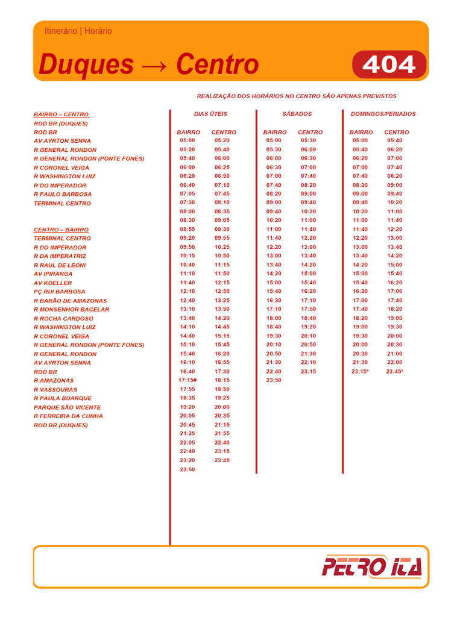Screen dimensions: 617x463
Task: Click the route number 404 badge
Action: coord(389,64)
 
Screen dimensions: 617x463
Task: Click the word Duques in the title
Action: coord(86,64)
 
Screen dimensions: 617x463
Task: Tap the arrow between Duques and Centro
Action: coord(155,65)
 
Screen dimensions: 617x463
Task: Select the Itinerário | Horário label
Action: coord(78,31)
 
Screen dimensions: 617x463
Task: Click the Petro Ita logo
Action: coord(372,566)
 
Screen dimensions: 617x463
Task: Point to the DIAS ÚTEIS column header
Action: coord(210,114)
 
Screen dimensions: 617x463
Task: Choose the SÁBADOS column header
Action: coord(297,114)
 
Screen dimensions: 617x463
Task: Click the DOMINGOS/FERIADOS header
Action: coord(383,114)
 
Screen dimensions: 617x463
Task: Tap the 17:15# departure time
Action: coord(188,380)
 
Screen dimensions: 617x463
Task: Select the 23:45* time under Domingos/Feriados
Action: coord(395,372)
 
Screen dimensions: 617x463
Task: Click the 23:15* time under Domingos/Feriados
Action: coord(361,372)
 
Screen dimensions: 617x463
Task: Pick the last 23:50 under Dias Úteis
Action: coord(187,469)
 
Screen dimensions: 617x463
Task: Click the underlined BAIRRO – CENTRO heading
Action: coord(61,114)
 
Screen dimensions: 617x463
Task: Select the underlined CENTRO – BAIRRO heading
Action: coord(61,230)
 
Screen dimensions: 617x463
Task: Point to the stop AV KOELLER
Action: coord(53,283)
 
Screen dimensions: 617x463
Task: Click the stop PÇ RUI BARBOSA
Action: coord(60,292)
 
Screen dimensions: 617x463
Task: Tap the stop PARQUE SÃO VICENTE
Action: coord(68,407)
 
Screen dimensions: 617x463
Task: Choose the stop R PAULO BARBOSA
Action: coord(63,194)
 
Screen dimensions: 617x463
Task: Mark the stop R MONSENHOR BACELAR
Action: coord(72,310)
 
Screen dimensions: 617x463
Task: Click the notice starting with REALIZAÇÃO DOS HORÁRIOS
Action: coord(297,96)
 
